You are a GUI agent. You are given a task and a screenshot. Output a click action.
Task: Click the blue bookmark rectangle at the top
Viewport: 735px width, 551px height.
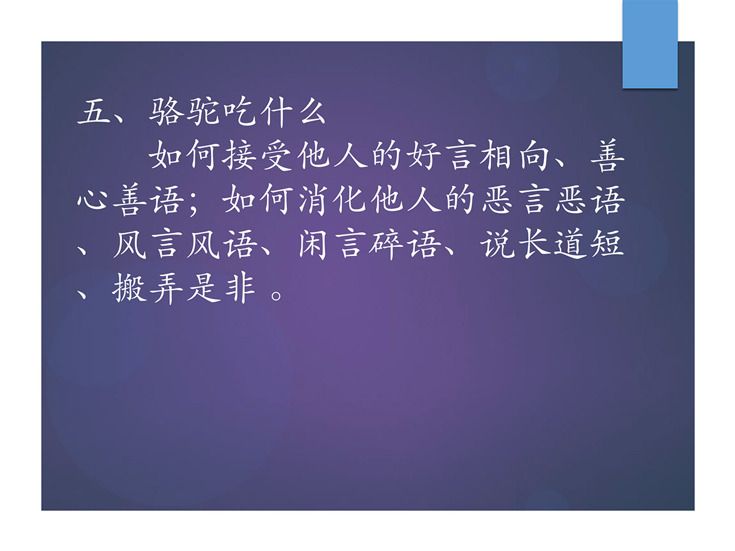650,44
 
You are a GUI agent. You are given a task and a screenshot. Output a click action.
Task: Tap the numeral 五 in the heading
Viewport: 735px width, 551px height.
94,112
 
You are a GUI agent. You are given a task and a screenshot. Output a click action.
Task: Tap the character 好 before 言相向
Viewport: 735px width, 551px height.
424,156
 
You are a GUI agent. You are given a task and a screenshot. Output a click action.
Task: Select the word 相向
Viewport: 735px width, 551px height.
514,156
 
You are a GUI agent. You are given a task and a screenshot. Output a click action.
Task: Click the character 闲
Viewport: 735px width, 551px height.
312,244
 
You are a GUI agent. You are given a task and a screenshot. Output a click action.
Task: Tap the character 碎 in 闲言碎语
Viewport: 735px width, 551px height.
386,244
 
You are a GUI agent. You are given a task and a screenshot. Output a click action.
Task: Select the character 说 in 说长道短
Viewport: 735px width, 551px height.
497,244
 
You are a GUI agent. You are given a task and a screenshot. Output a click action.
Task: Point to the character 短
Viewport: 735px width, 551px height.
607,244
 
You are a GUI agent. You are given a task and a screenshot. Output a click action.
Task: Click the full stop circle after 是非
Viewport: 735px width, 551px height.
276,296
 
